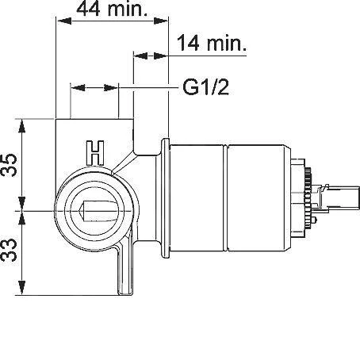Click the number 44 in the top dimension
[x=90, y=10]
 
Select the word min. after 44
[x=128, y=10]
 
